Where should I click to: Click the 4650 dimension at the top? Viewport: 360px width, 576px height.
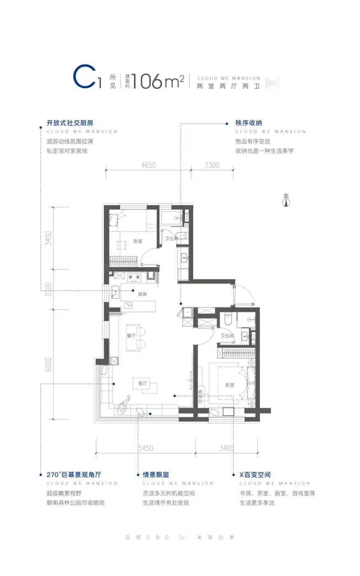pos(149,165)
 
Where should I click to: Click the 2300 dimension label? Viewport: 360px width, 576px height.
pos(212,165)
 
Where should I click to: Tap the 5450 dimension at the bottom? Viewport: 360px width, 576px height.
pos(146,448)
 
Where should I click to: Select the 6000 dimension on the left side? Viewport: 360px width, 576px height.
pos(48,364)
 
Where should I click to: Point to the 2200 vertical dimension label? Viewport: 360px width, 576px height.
pos(48,289)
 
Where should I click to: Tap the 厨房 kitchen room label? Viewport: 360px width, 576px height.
pos(142,294)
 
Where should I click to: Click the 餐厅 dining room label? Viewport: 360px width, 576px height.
pos(131,335)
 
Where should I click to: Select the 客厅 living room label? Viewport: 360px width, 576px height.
pos(142,383)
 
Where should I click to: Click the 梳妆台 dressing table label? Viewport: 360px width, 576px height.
pos(200,396)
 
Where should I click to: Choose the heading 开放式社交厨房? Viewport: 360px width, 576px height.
pos(70,123)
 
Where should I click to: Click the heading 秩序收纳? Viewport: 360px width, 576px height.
pos(249,123)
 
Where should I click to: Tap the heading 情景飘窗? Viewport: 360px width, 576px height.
pos(156,475)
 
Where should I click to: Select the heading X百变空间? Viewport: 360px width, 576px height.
pos(255,475)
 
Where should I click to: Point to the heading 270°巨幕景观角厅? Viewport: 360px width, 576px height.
pos(74,475)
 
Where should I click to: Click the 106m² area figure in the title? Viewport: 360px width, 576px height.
pos(158,81)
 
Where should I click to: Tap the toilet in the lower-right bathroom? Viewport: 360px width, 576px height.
pos(228,319)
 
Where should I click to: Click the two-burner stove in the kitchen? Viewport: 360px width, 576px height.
pos(134,276)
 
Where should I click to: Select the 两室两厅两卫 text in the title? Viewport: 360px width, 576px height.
pos(228,86)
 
